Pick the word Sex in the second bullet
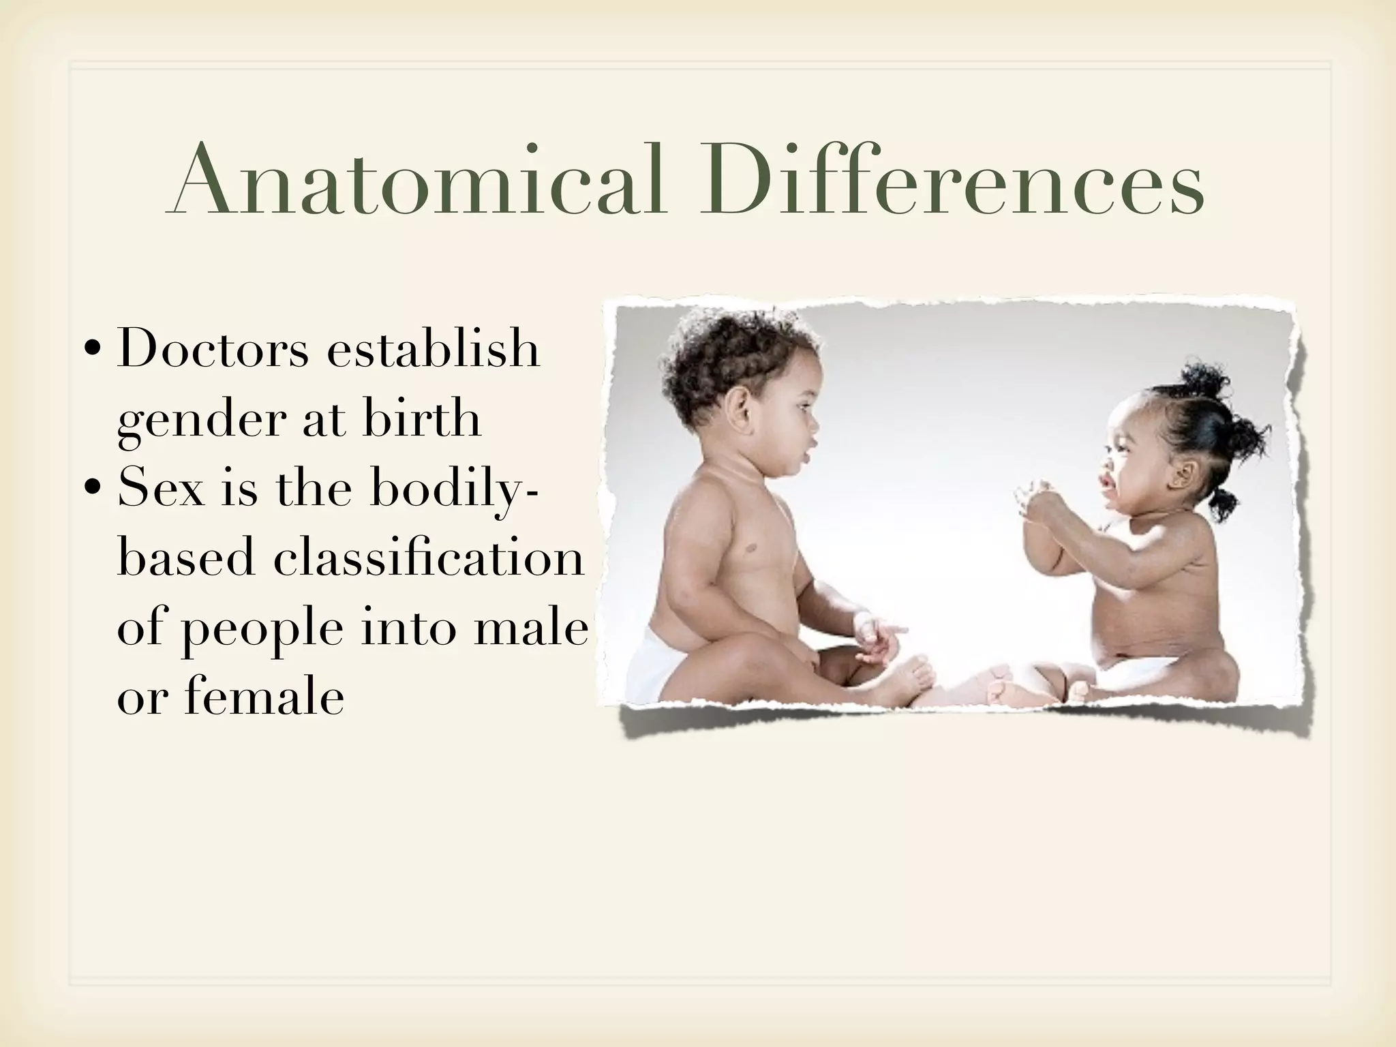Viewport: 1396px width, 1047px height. [x=161, y=488]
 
